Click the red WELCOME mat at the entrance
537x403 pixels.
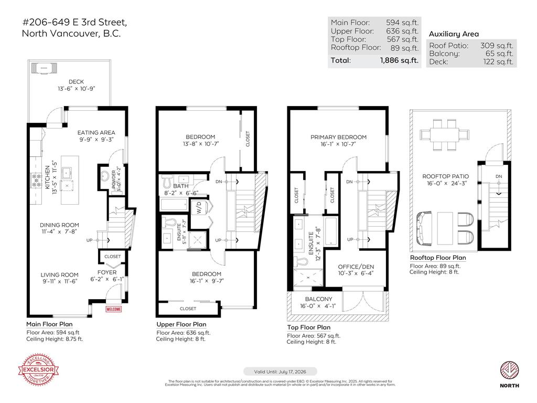[114, 309]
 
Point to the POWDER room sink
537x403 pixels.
[104, 175]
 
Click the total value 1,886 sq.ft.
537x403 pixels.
[399, 60]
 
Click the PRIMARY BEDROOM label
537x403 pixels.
[338, 137]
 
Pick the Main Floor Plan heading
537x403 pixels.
[50, 324]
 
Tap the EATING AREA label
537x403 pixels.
[96, 133]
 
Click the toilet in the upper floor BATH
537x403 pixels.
[166, 181]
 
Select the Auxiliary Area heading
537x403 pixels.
[454, 34]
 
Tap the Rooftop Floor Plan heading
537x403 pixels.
[437, 258]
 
